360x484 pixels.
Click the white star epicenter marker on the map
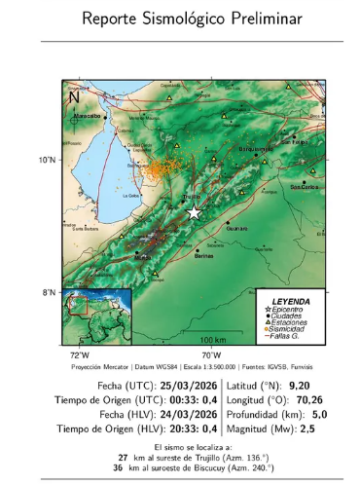coord(195,212)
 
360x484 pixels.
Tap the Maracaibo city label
coord(88,115)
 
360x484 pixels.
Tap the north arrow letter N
coord(74,96)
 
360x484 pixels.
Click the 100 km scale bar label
coord(213,337)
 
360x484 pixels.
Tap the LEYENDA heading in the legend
coord(293,300)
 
